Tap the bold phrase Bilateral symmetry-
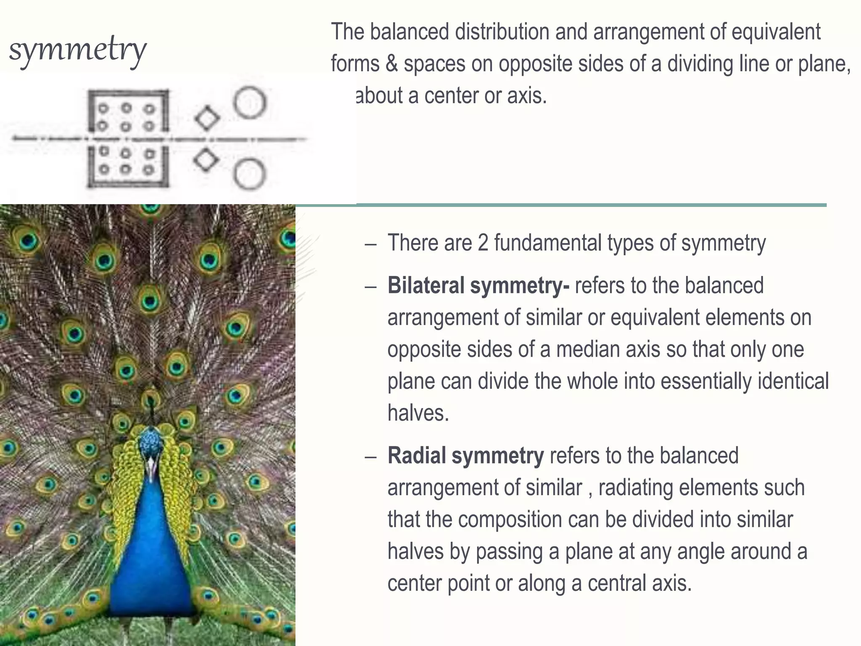tap(478, 286)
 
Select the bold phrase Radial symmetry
tap(466, 455)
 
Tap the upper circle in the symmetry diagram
tap(250, 102)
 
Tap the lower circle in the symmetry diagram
tap(250, 174)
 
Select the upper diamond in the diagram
tap(207, 119)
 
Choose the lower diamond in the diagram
tap(206, 160)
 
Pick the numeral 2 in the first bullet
tap(483, 243)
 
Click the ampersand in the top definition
tap(391, 64)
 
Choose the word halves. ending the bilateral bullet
tap(418, 413)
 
